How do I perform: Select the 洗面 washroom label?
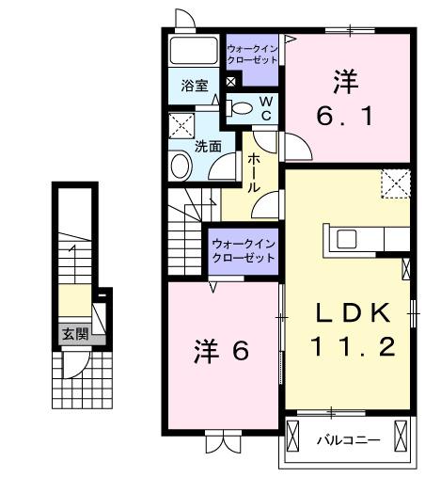[x=207, y=147]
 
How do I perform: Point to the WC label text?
[x=265, y=107]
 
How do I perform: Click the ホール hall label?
[x=255, y=173]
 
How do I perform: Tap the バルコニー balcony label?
[x=347, y=440]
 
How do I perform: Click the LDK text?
[x=347, y=311]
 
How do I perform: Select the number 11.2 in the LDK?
[x=347, y=346]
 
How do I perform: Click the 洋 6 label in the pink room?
[x=221, y=351]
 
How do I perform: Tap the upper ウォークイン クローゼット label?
[x=252, y=53]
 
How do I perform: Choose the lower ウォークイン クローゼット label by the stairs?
[x=244, y=251]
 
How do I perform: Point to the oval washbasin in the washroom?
[x=180, y=166]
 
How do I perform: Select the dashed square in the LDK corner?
[x=394, y=183]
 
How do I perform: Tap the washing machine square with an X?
[x=181, y=126]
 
